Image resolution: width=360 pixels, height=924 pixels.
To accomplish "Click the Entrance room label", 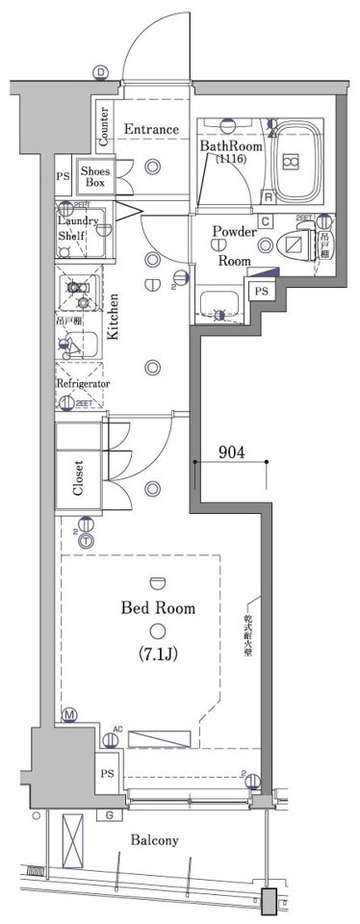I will tap(150, 129).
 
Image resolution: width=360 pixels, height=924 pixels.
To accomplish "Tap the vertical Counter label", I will tap(103, 122).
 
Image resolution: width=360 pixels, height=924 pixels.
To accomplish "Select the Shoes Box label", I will tap(94, 176).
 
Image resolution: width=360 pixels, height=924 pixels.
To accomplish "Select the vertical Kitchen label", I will tap(113, 318).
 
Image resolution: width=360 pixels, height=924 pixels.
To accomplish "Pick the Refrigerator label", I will tap(82, 383).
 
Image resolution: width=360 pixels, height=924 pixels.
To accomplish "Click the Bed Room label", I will tap(158, 607).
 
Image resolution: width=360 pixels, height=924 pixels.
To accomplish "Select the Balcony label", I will tap(154, 840).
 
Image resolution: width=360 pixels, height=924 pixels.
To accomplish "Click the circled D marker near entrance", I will tap(101, 73).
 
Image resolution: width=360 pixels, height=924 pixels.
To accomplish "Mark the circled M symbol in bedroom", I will tap(69, 715).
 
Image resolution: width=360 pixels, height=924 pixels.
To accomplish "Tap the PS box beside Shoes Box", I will tap(63, 177).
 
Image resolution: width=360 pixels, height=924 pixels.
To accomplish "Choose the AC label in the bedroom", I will tap(117, 729).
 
